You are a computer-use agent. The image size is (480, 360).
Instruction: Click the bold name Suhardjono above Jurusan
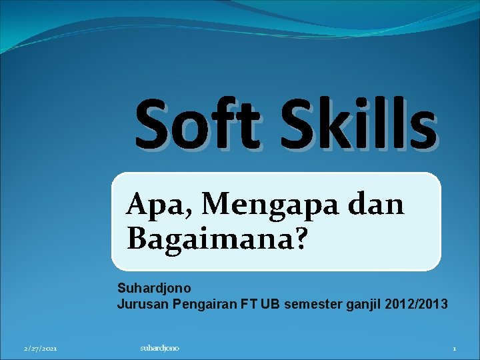click(x=154, y=289)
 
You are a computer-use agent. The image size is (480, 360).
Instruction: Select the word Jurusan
click(x=143, y=305)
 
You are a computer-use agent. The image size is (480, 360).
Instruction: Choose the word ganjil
click(x=363, y=305)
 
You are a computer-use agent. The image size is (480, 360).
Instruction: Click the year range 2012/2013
click(x=415, y=305)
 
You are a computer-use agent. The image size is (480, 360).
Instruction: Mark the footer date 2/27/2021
click(x=40, y=349)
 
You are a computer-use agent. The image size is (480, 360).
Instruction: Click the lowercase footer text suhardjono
click(x=160, y=348)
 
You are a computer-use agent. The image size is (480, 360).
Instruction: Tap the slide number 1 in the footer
click(x=454, y=349)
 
